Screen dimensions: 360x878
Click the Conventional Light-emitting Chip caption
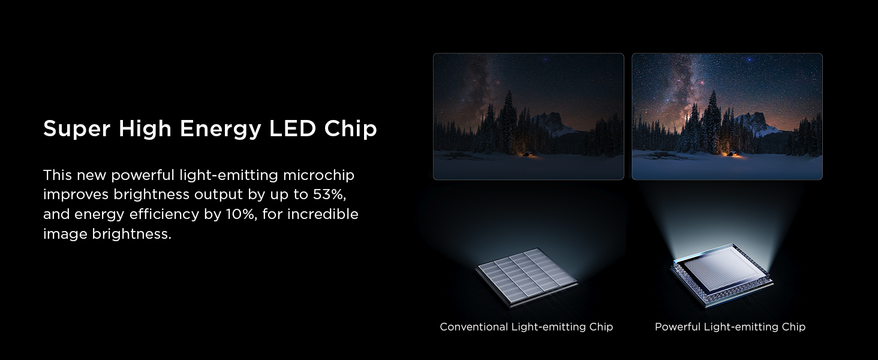tap(527, 327)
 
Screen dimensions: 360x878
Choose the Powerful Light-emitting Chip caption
tap(730, 327)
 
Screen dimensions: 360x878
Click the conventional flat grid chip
tap(526, 276)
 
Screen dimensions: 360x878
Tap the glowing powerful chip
tap(721, 273)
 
